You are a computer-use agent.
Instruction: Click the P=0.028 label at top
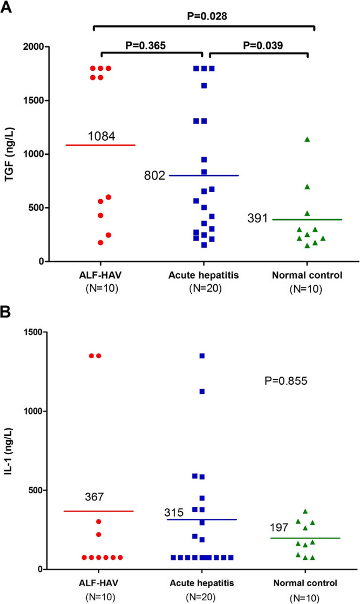point(207,16)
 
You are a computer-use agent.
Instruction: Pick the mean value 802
point(155,175)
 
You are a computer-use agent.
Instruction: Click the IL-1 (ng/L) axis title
point(8,450)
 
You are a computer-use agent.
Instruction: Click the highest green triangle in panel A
point(307,139)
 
